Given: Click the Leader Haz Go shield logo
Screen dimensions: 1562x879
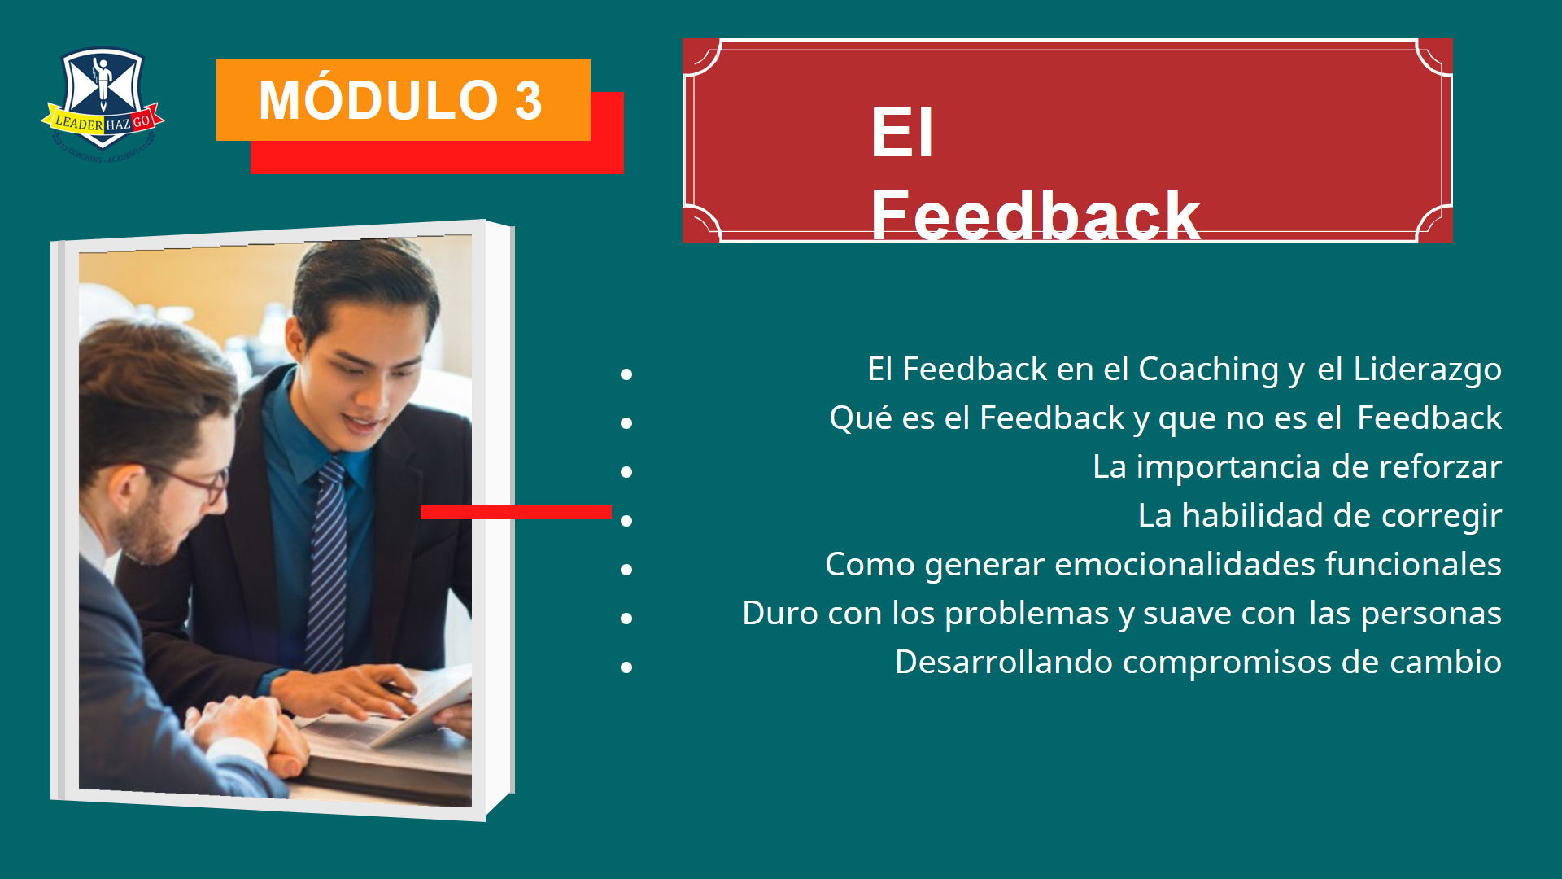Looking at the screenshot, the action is point(103,103).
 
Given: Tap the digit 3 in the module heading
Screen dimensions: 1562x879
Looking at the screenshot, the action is point(528,101).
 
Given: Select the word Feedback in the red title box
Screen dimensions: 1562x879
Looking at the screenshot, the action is point(1035,215).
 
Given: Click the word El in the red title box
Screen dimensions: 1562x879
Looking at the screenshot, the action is point(902,132).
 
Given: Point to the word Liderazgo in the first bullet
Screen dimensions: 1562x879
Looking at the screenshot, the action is point(1427,370).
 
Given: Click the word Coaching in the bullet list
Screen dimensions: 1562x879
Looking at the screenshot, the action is point(1208,370).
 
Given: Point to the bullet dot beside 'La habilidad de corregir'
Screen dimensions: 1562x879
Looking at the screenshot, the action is point(626,521).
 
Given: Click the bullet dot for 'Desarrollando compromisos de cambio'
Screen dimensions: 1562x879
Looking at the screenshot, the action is point(626,667).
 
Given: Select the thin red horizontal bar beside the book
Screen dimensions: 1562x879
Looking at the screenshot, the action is point(516,511).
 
